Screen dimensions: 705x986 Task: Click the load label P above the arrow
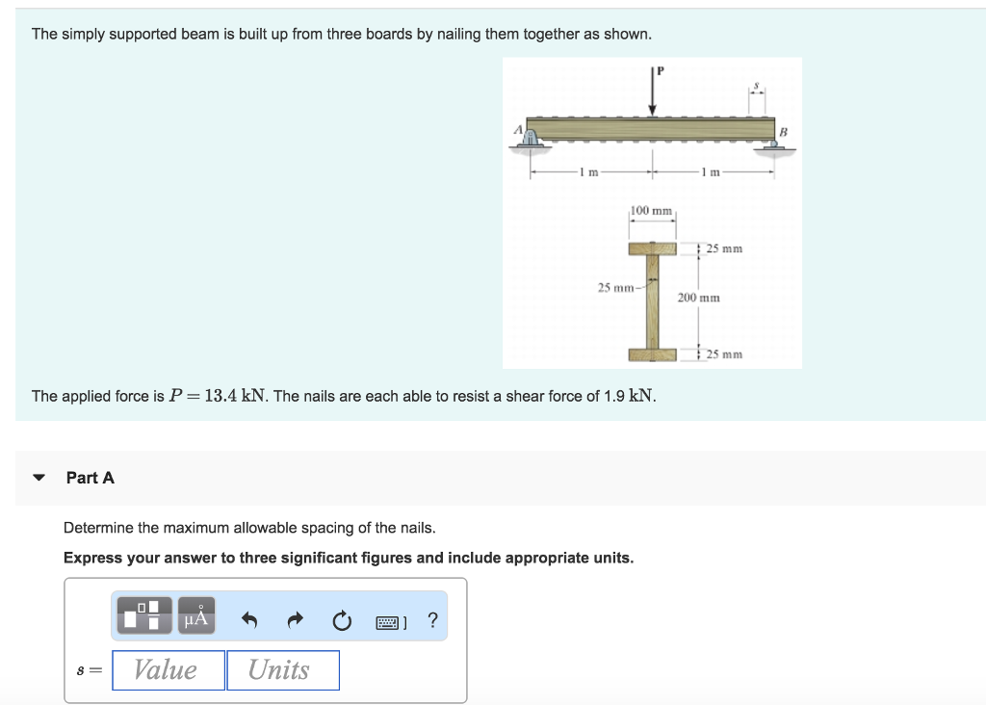click(x=662, y=69)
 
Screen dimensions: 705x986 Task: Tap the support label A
click(x=517, y=129)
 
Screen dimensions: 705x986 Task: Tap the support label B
click(x=783, y=130)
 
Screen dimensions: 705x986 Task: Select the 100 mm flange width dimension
click(x=652, y=211)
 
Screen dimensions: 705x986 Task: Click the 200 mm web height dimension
click(x=698, y=298)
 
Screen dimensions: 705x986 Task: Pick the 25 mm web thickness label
click(x=615, y=287)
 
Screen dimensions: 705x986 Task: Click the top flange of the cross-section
click(x=653, y=248)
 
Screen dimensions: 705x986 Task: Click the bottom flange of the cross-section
click(x=653, y=354)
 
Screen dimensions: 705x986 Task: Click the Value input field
click(x=168, y=670)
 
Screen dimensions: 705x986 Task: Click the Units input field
click(x=283, y=670)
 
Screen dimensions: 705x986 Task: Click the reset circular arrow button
click(x=343, y=622)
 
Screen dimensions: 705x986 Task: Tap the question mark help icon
click(x=432, y=621)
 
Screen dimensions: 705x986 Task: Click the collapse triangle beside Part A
click(x=39, y=478)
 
